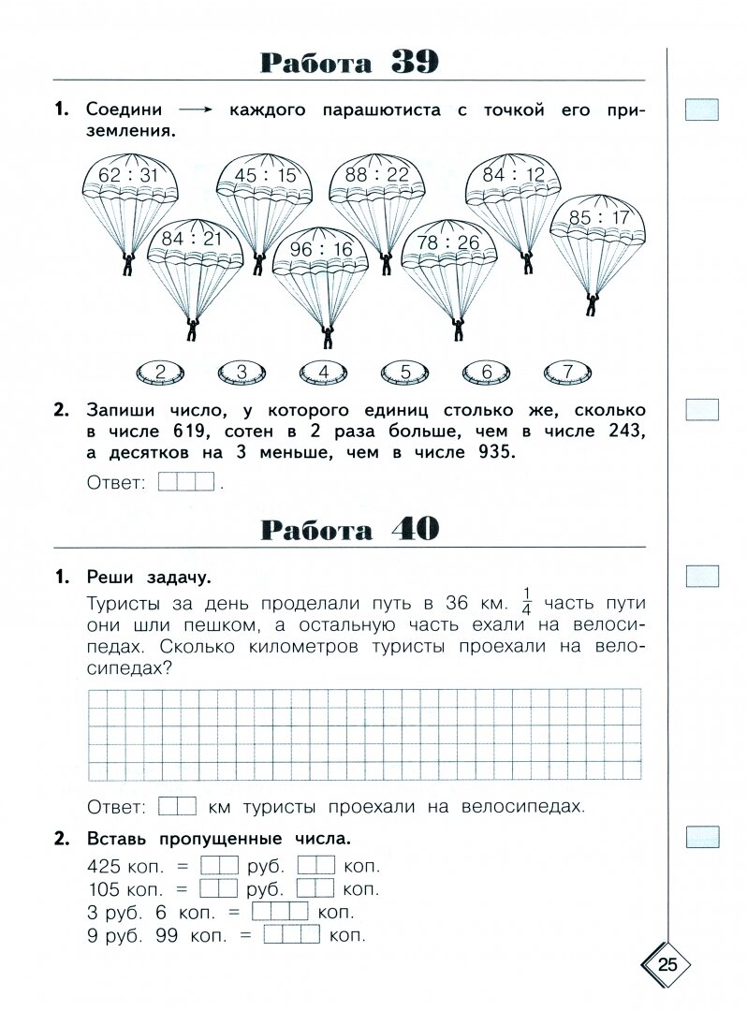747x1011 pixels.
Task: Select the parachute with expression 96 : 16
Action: pos(321,251)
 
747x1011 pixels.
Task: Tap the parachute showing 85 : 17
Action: pos(598,220)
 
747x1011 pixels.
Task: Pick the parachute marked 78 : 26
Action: pos(447,243)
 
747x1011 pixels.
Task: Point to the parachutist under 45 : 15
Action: pos(256,264)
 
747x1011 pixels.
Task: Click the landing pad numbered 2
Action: pos(160,373)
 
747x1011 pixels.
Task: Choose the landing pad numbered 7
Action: pos(568,373)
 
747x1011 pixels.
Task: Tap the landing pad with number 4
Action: pos(323,373)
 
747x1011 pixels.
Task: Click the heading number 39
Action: pos(415,63)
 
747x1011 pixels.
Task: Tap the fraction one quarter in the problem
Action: pos(526,602)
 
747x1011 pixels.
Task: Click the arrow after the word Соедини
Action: pos(196,110)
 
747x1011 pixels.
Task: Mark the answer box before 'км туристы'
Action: pos(177,806)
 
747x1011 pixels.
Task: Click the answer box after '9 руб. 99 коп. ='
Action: pos(292,933)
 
